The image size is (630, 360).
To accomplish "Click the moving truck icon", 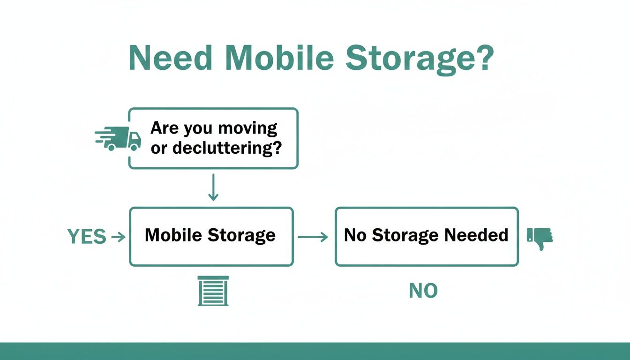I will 118,138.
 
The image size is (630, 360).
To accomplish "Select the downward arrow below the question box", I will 213,187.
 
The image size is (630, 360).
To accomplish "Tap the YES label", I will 87,237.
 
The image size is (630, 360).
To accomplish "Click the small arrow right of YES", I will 118,237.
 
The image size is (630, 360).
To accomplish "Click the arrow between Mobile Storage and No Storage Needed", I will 313,237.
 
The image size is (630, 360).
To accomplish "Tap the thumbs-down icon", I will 540,238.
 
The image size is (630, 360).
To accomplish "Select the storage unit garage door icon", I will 213,291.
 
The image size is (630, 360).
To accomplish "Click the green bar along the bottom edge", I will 315,351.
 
